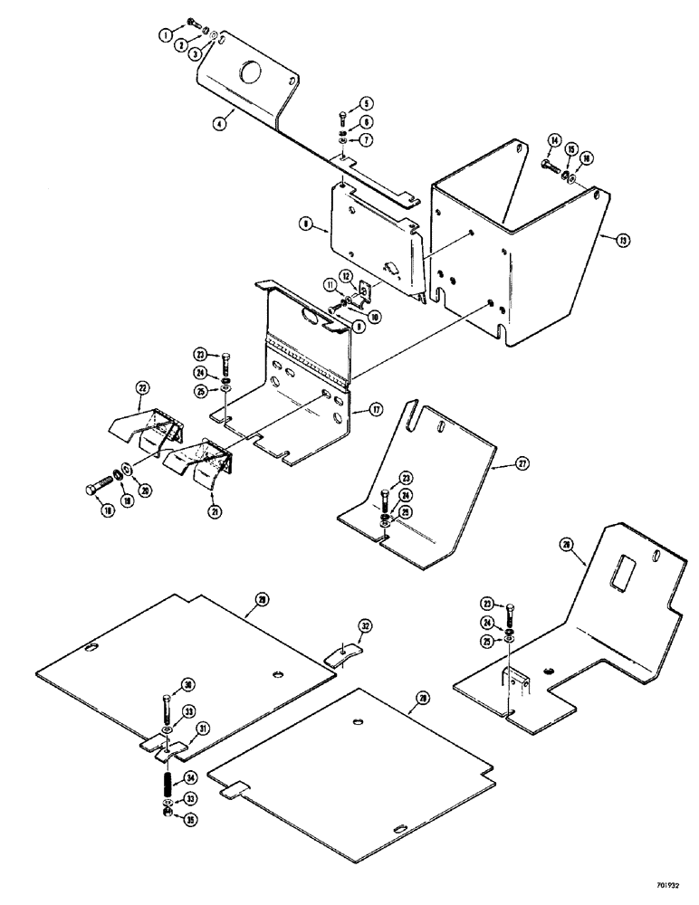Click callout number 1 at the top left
[166, 35]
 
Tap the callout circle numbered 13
[623, 241]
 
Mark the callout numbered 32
[364, 625]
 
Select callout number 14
[555, 139]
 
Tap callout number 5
[343, 101]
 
